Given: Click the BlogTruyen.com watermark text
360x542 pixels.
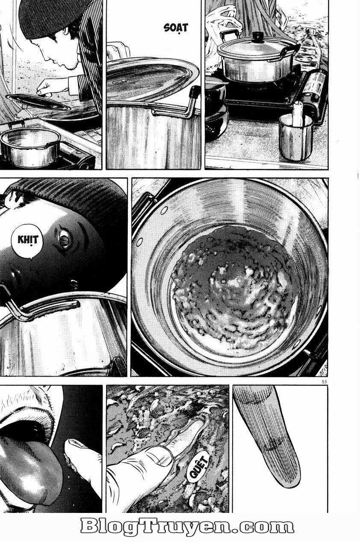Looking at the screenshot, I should pos(187,527).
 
